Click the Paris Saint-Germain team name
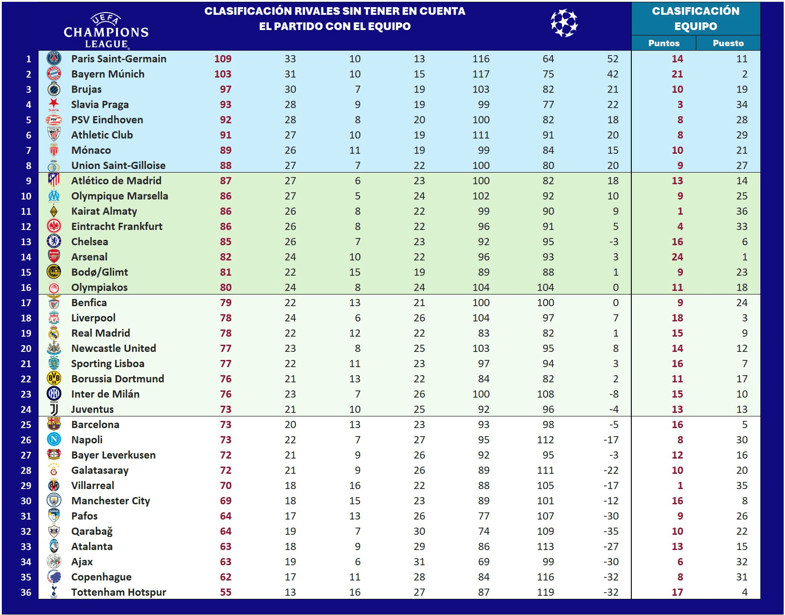(119, 59)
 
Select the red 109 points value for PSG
(223, 59)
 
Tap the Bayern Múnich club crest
(54, 74)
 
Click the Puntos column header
(664, 43)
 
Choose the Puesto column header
(728, 43)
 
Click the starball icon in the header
(564, 23)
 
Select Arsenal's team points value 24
(677, 257)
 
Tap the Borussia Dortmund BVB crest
(54, 379)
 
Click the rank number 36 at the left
(26, 592)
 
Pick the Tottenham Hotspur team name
(119, 592)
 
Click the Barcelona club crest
(54, 424)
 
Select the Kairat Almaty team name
(104, 211)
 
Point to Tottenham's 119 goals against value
(545, 592)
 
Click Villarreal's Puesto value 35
(742, 485)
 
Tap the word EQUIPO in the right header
(695, 26)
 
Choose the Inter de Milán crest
(54, 394)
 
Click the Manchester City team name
(111, 501)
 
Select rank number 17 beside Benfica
(26, 303)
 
